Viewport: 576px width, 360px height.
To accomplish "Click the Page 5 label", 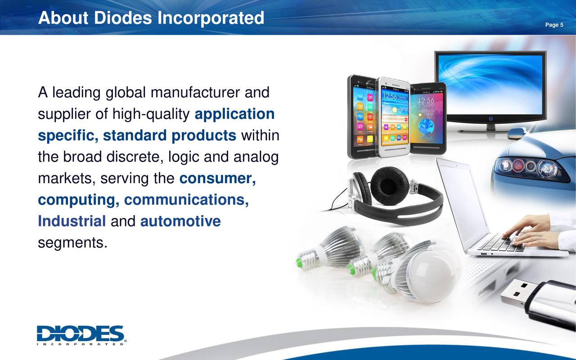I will click(x=554, y=25).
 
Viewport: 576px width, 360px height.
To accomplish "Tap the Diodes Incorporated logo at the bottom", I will click(x=81, y=335).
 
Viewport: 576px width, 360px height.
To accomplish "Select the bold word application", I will click(x=234, y=114).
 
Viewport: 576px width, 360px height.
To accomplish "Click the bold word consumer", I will click(x=217, y=179).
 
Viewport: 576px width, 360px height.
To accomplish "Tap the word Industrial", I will click(x=72, y=221).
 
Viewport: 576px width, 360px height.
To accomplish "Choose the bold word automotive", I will click(x=180, y=221).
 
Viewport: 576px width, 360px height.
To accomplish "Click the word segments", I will click(x=73, y=243).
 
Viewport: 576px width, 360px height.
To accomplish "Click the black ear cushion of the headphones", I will click(x=389, y=185).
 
